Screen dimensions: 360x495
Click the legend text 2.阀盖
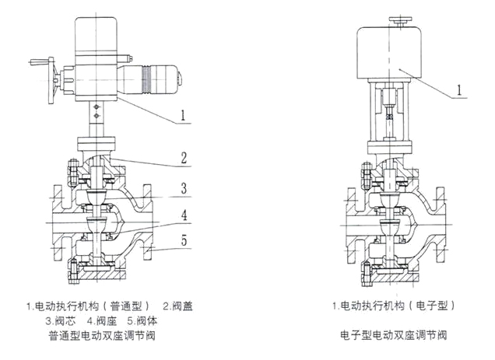tap(178, 306)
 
